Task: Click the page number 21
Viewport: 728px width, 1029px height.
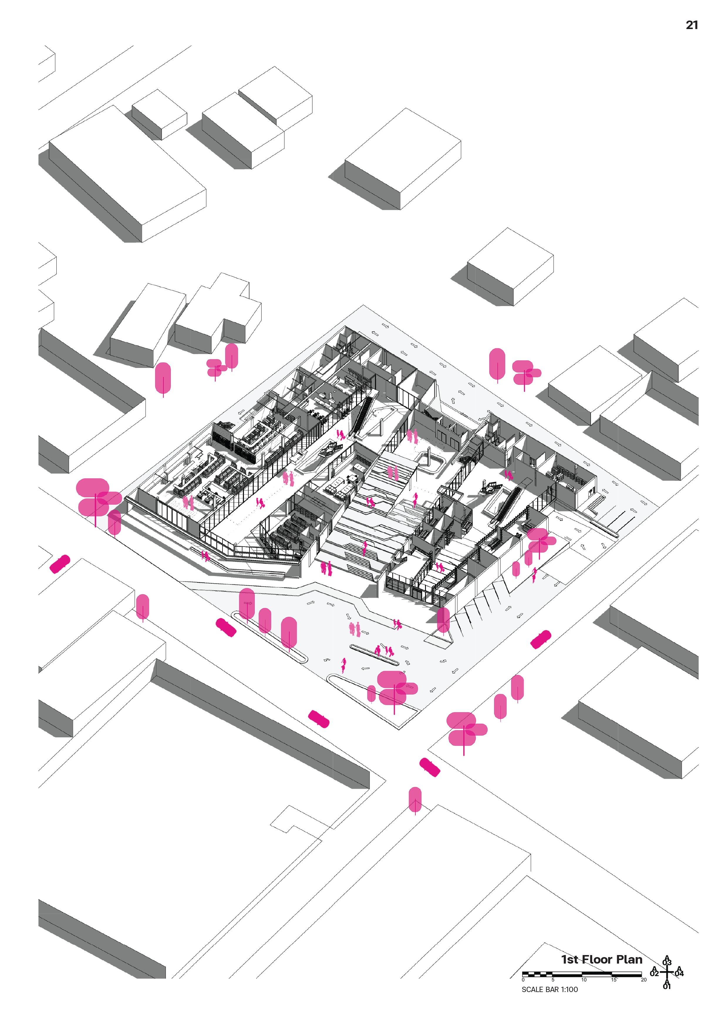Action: point(692,25)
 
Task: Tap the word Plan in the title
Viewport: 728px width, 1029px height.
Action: point(629,959)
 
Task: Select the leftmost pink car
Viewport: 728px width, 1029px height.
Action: point(60,564)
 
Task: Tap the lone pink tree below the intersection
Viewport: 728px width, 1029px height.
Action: point(415,800)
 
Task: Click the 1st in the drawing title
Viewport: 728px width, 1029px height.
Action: point(570,959)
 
